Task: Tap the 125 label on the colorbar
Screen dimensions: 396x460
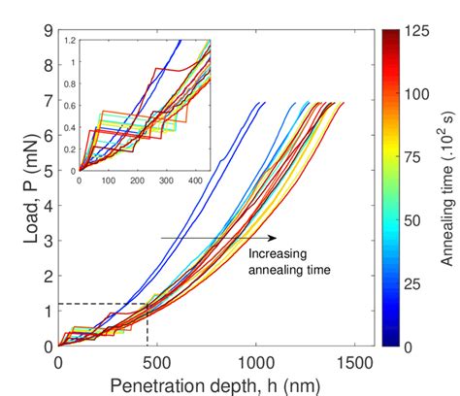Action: tap(416, 31)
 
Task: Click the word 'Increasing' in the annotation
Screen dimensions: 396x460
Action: tap(276, 255)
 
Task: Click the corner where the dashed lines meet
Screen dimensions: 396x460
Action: tap(147, 304)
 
